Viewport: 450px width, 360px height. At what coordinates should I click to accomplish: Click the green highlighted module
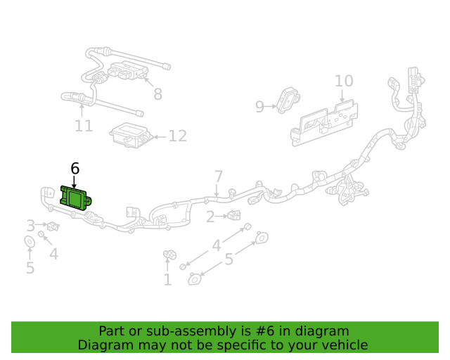76,198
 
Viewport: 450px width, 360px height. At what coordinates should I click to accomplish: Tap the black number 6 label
75,168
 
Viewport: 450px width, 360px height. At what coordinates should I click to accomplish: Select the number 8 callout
157,94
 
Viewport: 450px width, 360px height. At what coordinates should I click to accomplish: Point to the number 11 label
84,126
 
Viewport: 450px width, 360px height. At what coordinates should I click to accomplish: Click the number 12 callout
177,136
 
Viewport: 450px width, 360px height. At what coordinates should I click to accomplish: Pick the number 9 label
259,106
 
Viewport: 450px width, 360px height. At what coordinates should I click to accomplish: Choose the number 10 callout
343,81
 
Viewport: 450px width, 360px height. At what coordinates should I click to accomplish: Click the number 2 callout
210,217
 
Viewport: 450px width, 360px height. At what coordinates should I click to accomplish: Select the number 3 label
30,225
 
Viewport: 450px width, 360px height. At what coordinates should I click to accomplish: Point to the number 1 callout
167,281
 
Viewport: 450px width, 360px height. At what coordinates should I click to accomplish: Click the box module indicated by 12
131,135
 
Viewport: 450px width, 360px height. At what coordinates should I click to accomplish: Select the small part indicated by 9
288,99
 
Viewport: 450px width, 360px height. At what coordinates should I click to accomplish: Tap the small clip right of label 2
233,215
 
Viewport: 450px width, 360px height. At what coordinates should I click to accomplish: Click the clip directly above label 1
169,255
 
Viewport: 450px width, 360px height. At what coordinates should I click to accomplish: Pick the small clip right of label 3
52,226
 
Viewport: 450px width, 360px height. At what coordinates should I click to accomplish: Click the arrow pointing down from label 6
75,181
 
